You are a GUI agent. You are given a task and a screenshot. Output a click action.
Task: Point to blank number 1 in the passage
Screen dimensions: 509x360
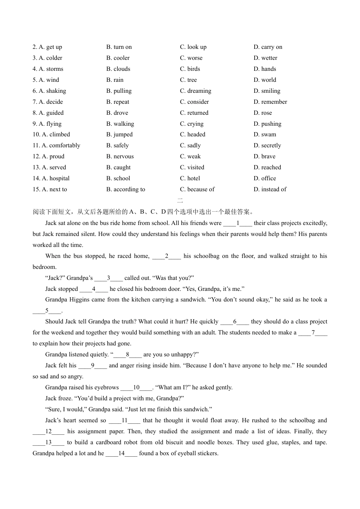pyautogui.click(x=238, y=223)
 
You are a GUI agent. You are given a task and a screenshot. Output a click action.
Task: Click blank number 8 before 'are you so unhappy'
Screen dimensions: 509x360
pyautogui.click(x=128, y=355)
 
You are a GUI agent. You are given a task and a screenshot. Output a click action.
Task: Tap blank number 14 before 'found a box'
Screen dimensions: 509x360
pyautogui.click(x=121, y=454)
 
